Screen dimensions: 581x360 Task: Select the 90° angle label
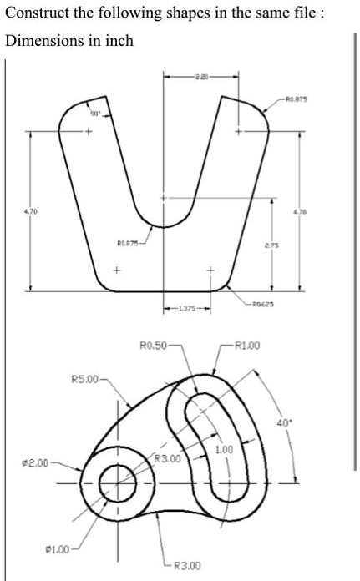click(x=94, y=110)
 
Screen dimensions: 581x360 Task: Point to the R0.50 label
click(x=153, y=344)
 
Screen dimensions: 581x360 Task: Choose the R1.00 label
click(x=251, y=344)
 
